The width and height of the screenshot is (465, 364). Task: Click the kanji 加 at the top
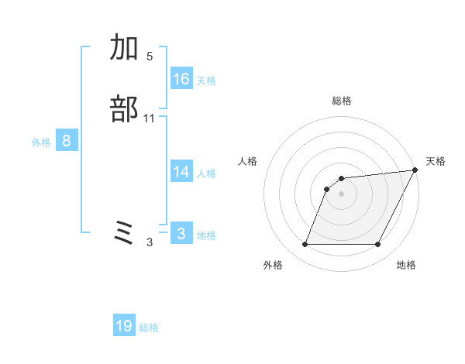[124, 48]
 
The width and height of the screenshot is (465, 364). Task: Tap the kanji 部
[124, 109]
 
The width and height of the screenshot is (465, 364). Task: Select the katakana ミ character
[124, 232]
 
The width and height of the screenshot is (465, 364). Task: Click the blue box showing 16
[181, 78]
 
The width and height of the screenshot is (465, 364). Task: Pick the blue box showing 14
[181, 172]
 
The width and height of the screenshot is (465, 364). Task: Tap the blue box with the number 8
[67, 141]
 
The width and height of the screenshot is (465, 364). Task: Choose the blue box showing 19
[124, 326]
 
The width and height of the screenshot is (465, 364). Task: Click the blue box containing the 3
[181, 233]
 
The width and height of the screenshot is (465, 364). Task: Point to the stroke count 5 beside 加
[150, 57]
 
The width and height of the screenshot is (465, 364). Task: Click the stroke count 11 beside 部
[150, 118]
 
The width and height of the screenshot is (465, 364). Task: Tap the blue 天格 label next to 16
[206, 80]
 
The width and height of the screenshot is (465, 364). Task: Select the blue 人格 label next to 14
[206, 173]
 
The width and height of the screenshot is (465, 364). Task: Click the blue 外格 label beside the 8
[41, 143]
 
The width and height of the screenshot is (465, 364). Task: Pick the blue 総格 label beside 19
[149, 328]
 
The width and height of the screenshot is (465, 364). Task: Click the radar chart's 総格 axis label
[341, 101]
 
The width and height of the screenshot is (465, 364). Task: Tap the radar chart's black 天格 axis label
[436, 161]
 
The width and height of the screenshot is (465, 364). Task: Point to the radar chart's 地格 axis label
[406, 265]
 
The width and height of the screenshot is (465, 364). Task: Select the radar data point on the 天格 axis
[415, 170]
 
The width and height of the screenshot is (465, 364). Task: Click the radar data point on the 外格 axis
[305, 245]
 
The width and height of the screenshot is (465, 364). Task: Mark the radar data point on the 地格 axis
[377, 245]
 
